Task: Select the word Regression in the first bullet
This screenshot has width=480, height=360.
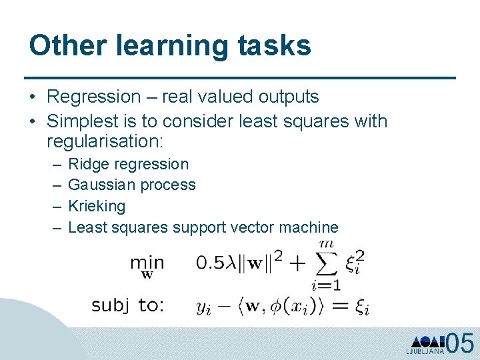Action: [x=93, y=97]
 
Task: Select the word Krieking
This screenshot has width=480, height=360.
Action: [x=97, y=206]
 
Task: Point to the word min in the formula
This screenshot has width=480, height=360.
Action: [x=147, y=262]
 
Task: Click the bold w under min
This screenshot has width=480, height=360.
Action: [x=147, y=274]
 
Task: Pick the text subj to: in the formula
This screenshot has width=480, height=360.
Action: [x=128, y=306]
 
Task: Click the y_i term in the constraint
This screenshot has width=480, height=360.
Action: [x=203, y=307]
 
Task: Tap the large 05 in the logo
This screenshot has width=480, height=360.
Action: [x=460, y=343]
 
